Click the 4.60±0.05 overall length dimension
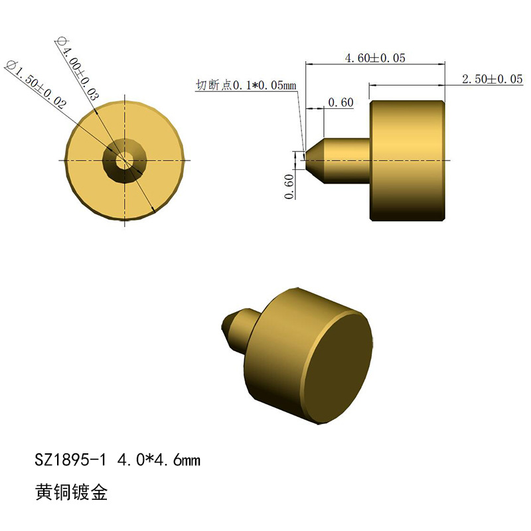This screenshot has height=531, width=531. coord(375,58)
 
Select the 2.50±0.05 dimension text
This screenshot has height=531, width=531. coord(493,79)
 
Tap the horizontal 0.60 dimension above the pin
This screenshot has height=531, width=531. coord(341,102)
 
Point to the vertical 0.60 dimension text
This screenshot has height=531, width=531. coord(289,187)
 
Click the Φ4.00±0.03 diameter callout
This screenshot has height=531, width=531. coord(78,70)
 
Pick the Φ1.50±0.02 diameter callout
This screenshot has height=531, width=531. coord(37,85)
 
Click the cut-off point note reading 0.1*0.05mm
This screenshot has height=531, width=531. coord(246,85)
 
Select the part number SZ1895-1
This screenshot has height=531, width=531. coord(70,460)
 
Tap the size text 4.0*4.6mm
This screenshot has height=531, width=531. coord(159,460)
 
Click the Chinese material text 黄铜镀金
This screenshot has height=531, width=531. coord(71,492)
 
